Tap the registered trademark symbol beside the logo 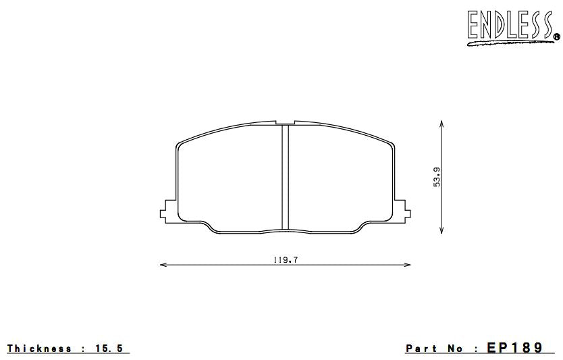pos(556,36)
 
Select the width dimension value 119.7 pos(286,260)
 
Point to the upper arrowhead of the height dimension pos(441,123)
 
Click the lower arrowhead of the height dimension pos(441,231)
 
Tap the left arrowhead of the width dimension pos(163,265)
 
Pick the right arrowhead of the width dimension pos(407,265)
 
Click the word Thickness pos(40,348)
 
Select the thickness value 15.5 pos(109,348)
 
